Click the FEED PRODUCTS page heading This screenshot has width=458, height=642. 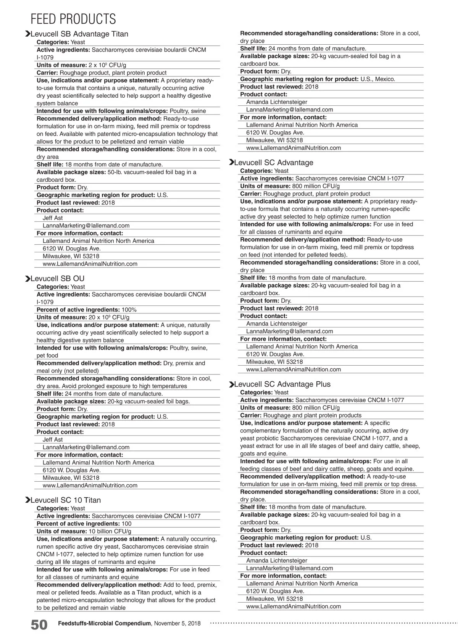(x=73, y=19)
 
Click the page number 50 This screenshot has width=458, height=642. (x=39, y=625)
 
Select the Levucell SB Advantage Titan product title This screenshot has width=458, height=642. (x=79, y=34)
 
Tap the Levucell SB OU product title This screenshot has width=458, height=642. (x=57, y=279)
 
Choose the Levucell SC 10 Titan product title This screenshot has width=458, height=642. (x=65, y=500)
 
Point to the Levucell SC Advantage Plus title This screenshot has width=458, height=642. (x=282, y=384)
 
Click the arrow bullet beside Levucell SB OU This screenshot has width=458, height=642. (x=27, y=279)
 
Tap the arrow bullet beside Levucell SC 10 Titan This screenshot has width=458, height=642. (x=27, y=500)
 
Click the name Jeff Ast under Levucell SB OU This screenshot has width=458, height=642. (x=53, y=440)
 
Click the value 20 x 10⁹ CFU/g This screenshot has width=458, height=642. (x=109, y=318)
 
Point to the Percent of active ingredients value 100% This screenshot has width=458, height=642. (x=129, y=310)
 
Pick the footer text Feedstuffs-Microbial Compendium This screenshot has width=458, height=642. (x=104, y=623)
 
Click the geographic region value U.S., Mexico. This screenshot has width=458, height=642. (x=377, y=79)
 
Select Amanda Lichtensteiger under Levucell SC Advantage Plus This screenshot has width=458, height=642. (x=276, y=561)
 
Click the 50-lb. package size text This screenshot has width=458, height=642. (x=116, y=172)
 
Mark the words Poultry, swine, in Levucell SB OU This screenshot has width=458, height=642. (x=189, y=348)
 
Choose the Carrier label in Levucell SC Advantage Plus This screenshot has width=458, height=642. (x=251, y=415)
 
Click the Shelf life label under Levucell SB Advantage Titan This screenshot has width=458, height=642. (x=50, y=165)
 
